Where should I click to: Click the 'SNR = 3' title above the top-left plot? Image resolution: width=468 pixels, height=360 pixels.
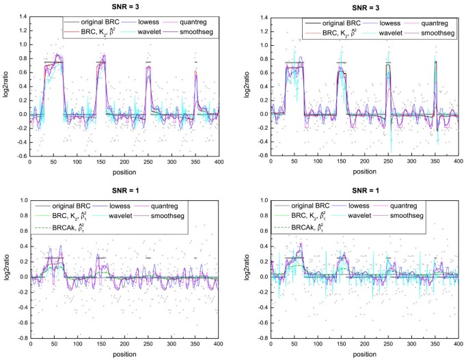[128, 5]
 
